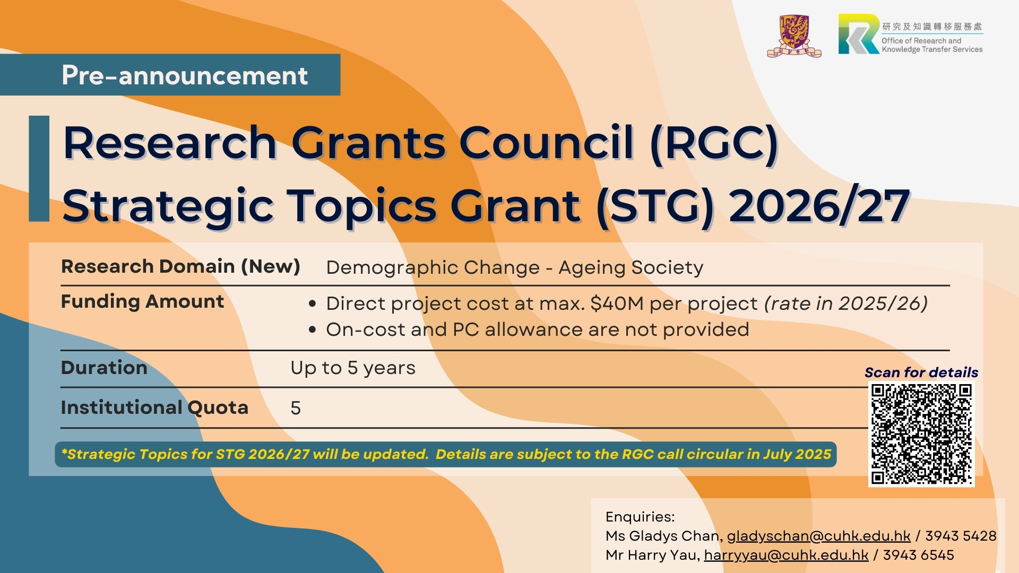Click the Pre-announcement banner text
[185, 75]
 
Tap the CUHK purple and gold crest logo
[794, 36]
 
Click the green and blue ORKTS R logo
[859, 34]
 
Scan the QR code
[921, 434]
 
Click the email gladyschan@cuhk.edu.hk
[818, 536]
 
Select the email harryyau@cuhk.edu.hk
[786, 555]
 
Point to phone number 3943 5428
[961, 536]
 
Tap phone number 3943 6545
[918, 555]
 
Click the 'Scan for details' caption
[921, 372]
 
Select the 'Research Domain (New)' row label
[180, 266]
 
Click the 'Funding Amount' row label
[142, 301]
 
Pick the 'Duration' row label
[104, 368]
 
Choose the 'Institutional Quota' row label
[154, 407]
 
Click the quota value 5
[296, 408]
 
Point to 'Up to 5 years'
[353, 368]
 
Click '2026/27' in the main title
[819, 206]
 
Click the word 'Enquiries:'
[640, 517]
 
